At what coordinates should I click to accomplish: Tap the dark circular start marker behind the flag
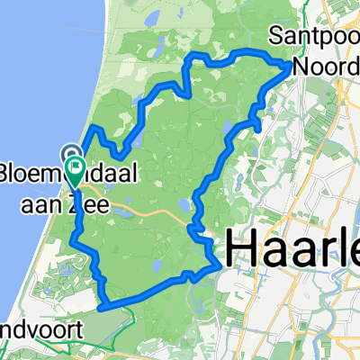click(68, 152)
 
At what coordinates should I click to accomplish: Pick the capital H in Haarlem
click(238, 248)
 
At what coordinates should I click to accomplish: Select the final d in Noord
click(353, 65)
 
